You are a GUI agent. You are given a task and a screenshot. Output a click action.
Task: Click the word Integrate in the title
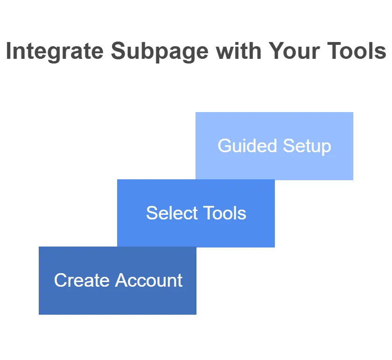pyautogui.click(x=55, y=51)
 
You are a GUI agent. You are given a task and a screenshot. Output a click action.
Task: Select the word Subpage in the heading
pyautogui.click(x=160, y=51)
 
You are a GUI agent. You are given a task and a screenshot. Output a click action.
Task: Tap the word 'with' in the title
pyautogui.click(x=239, y=51)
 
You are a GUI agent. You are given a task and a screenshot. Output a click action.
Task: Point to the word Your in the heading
pyautogui.click(x=294, y=51)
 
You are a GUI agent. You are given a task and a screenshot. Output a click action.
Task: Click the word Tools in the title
pyautogui.click(x=357, y=51)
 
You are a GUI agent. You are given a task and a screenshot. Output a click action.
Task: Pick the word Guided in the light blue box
pyautogui.click(x=247, y=145)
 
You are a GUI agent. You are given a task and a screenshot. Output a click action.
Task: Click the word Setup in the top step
pyautogui.click(x=307, y=146)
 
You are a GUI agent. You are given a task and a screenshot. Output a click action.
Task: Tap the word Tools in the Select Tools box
pyautogui.click(x=224, y=213)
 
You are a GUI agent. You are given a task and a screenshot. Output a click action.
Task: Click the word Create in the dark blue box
pyautogui.click(x=82, y=280)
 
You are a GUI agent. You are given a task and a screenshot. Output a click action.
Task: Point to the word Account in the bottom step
pyautogui.click(x=148, y=280)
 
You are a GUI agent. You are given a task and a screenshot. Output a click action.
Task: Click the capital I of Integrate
pyautogui.click(x=8, y=51)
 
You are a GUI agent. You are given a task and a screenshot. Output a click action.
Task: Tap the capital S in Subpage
pyautogui.click(x=119, y=51)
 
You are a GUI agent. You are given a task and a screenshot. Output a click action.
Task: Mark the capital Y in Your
pyautogui.click(x=276, y=51)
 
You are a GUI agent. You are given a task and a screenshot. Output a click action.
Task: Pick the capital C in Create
pyautogui.click(x=61, y=280)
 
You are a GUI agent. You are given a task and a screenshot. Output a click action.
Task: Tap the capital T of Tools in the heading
pyautogui.click(x=334, y=51)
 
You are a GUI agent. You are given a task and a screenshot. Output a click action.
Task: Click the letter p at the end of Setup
pyautogui.click(x=327, y=148)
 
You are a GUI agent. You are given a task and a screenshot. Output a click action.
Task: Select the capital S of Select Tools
pyautogui.click(x=152, y=213)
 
